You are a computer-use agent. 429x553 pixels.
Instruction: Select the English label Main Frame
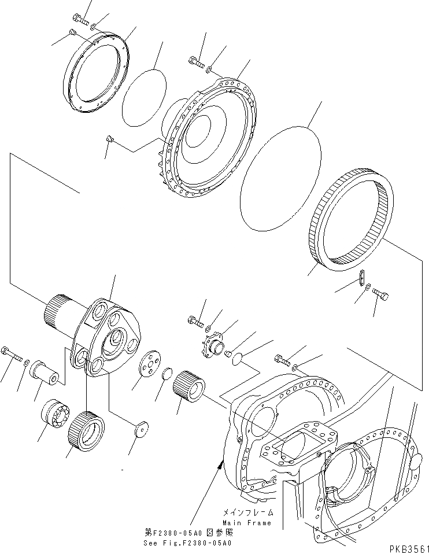[246, 523]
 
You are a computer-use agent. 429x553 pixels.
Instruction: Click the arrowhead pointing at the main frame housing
[219, 462]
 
